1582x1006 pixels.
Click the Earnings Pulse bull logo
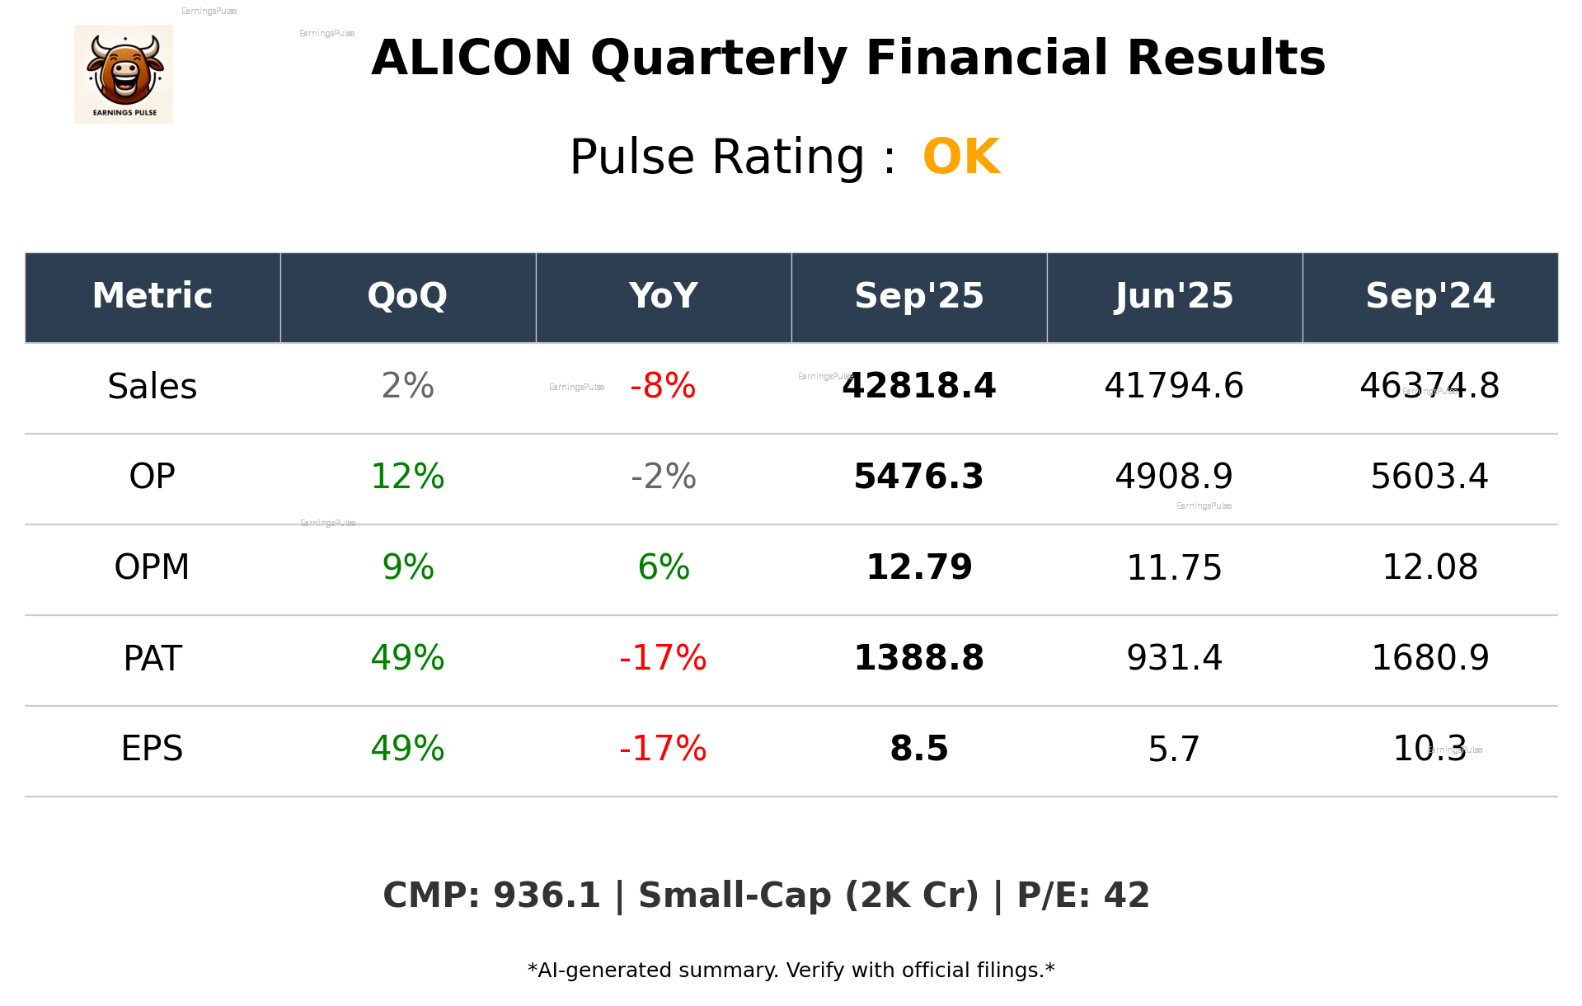124,74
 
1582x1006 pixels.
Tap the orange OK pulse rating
961,157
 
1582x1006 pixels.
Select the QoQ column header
407,296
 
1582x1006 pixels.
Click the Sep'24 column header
1429,296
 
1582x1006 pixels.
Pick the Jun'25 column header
1174,296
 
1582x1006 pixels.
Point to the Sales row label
153,387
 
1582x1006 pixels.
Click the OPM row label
153,567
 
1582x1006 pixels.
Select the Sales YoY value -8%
663,387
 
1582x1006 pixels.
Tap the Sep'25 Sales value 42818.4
918,387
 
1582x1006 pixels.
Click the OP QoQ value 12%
407,477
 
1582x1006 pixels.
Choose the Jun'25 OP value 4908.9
1174,477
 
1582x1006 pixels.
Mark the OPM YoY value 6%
663,567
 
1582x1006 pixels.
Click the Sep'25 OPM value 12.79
918,567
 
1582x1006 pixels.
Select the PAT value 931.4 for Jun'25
1174,658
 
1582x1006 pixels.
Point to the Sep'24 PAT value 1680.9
1429,658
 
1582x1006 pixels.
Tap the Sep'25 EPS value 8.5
918,749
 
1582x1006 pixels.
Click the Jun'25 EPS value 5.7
1174,749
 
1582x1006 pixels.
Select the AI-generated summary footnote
791,971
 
